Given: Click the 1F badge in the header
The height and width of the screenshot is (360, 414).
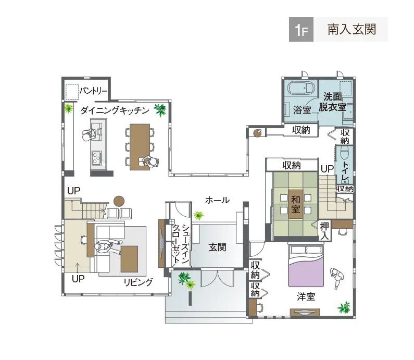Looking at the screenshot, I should (302, 30).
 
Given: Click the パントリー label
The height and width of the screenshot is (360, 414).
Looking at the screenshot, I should (93, 91).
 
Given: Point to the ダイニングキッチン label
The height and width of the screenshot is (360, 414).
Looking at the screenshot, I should (115, 110).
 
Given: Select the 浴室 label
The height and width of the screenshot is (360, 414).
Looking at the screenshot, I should (302, 110).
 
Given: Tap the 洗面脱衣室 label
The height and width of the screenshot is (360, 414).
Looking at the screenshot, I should (334, 102).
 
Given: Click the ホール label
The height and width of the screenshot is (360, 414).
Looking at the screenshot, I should (217, 200).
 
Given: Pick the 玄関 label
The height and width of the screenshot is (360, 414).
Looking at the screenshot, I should (217, 247).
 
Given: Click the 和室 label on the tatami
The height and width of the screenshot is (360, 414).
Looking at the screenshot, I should (296, 203).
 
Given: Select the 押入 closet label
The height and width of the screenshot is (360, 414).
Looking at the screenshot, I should (325, 231).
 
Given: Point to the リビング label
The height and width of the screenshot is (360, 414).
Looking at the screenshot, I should (138, 282).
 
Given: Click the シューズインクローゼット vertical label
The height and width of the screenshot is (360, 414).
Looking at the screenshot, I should (180, 245).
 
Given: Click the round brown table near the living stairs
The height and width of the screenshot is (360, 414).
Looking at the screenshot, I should (119, 200).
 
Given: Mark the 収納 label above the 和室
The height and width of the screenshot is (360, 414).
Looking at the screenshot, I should (292, 165).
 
